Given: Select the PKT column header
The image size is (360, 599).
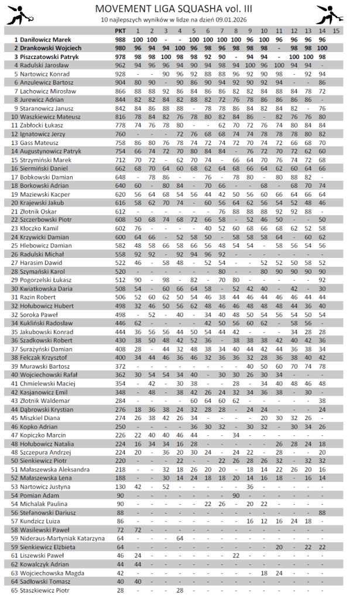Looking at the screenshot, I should tap(121, 30).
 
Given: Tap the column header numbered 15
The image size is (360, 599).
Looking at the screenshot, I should tap(336, 30).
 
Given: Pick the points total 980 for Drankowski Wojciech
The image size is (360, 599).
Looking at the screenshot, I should tap(121, 48).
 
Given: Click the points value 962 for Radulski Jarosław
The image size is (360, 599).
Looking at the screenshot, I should tap(121, 66).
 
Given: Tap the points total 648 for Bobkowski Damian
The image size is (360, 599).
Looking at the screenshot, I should tap(121, 177).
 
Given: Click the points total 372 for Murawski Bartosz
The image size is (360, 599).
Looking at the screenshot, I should tap(121, 367).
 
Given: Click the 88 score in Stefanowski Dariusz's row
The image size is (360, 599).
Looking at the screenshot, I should tap(322, 512).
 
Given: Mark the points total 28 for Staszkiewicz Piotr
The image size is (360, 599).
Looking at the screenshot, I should tap(121, 590).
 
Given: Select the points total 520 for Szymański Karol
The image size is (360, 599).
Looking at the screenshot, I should tap(121, 272).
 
